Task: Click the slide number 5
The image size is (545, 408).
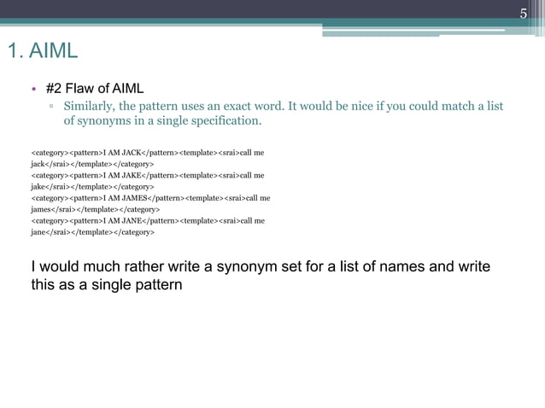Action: (525, 12)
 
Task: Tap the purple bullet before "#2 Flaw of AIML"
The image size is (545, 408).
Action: (33, 89)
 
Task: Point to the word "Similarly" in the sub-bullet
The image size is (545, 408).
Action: (88, 107)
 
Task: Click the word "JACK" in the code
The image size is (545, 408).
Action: (132, 152)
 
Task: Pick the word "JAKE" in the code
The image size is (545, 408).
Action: (132, 175)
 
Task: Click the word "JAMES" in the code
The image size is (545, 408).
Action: (135, 198)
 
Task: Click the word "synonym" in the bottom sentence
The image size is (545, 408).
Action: (242, 266)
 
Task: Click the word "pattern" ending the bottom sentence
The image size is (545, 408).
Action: (158, 284)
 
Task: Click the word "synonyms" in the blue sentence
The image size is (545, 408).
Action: (91, 121)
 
